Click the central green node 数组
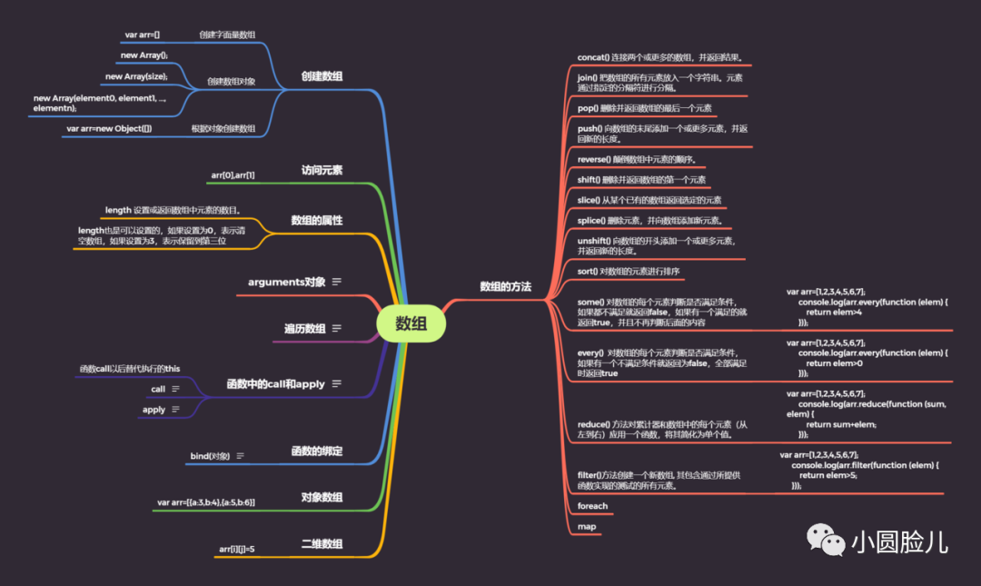click(411, 324)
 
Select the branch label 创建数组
click(322, 76)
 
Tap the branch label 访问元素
click(322, 170)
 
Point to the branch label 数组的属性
click(316, 220)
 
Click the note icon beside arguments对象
click(337, 283)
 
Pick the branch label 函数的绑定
click(316, 451)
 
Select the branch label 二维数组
click(322, 543)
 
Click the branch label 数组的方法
click(505, 286)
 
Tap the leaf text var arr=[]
click(142, 35)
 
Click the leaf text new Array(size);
click(136, 76)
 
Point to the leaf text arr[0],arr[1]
click(233, 174)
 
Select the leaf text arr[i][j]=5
click(237, 549)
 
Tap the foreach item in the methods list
click(592, 506)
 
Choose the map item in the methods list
click(586, 527)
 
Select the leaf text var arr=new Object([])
click(109, 129)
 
